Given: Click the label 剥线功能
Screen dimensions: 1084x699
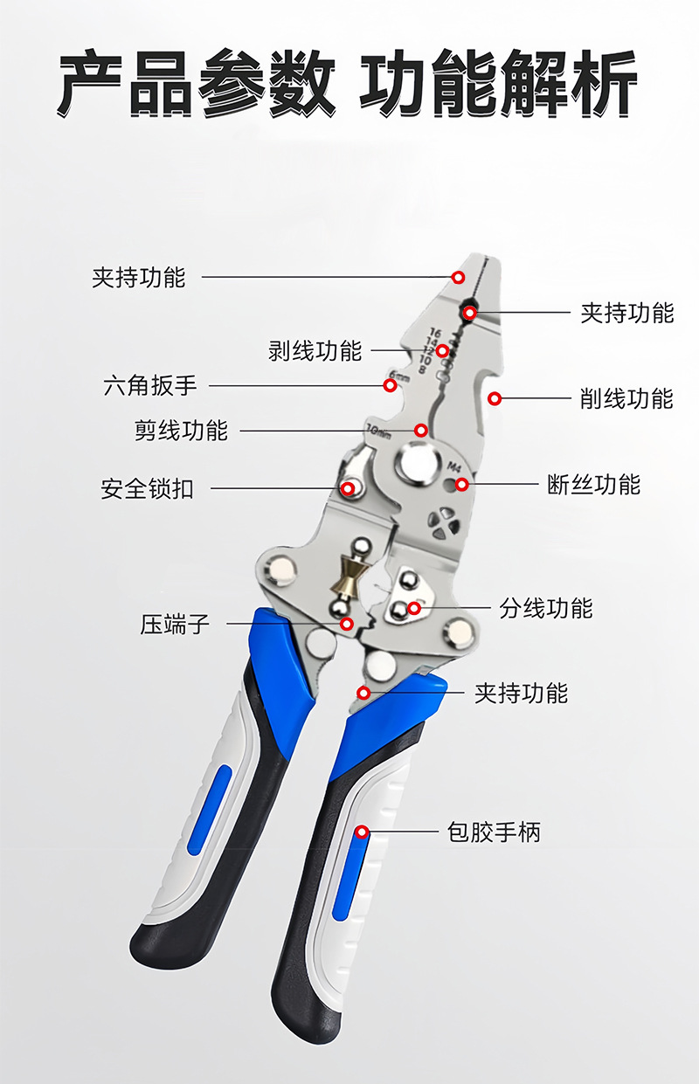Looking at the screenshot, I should (315, 351).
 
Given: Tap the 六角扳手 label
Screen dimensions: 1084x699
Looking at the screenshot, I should (150, 385).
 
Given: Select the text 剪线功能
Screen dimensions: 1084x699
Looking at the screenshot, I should (181, 431).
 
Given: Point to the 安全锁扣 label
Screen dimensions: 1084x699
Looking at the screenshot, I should (147, 488).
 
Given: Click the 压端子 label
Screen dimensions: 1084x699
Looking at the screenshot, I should (175, 625).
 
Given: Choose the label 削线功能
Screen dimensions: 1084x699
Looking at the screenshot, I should (626, 398).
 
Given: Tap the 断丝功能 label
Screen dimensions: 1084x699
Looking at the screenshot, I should (593, 484).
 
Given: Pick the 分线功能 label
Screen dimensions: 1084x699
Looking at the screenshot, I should (545, 608).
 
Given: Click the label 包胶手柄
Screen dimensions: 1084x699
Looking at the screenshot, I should (494, 832).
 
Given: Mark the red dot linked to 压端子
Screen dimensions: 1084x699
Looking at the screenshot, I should (347, 624).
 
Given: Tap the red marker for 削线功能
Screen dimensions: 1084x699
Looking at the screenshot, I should (495, 398).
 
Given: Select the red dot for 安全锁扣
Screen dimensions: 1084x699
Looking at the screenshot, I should (348, 488).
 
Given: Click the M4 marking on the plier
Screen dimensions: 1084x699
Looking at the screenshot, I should (453, 466).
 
